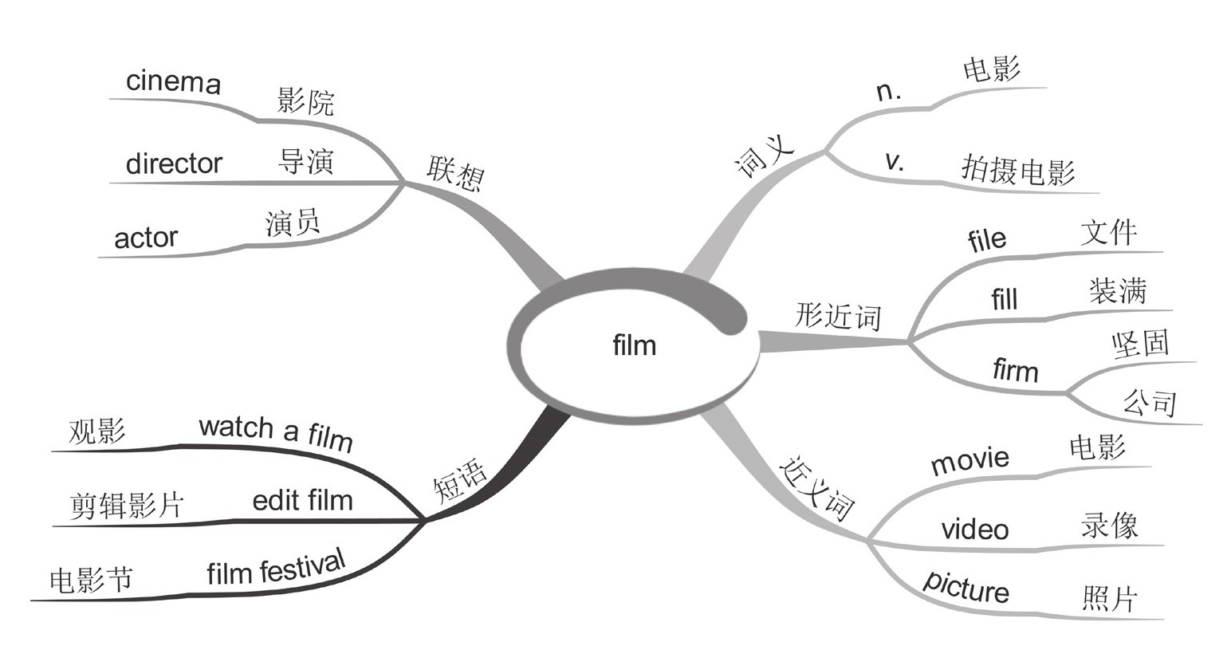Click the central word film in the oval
tap(635, 345)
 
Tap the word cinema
tap(173, 82)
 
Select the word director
tap(174, 163)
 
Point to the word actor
tap(146, 238)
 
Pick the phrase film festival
tap(276, 566)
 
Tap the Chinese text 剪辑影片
tap(127, 505)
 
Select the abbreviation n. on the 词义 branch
tap(888, 92)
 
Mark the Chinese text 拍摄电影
tap(1018, 171)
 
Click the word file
tap(986, 239)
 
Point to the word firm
tap(1015, 371)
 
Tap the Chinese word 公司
tap(1150, 402)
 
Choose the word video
tap(974, 529)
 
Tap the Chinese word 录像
tap(1109, 526)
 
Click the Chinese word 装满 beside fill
tap(1117, 292)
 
